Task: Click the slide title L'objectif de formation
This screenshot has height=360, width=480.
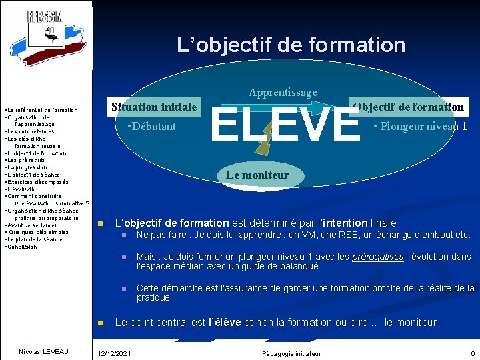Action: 291,45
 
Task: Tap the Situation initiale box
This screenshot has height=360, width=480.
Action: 154,107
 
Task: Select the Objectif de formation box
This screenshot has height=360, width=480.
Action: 409,107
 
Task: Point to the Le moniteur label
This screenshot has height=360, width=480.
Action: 257,175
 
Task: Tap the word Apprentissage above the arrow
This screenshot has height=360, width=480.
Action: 283,92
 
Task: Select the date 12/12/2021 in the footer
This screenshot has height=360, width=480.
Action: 114,353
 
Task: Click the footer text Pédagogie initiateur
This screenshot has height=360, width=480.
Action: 291,353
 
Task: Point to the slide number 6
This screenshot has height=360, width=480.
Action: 471,353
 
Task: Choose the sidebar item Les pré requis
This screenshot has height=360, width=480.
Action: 25,160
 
